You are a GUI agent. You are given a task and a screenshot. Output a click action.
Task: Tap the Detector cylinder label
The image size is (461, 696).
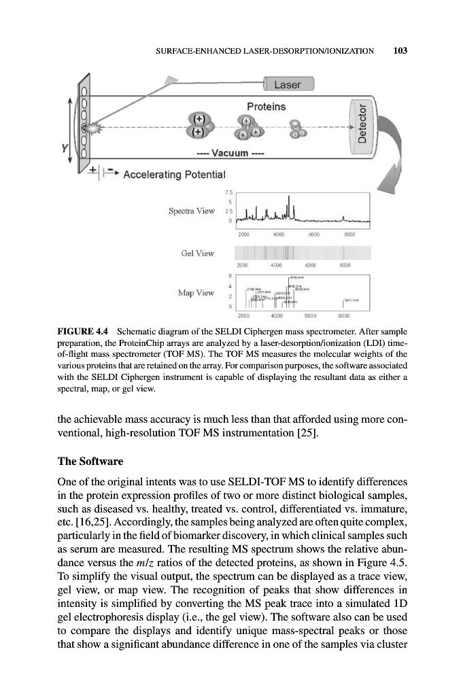coord(362,124)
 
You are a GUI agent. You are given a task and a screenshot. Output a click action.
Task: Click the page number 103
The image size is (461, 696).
coord(400,51)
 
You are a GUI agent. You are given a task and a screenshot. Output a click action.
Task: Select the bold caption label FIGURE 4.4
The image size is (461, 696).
coord(80,332)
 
